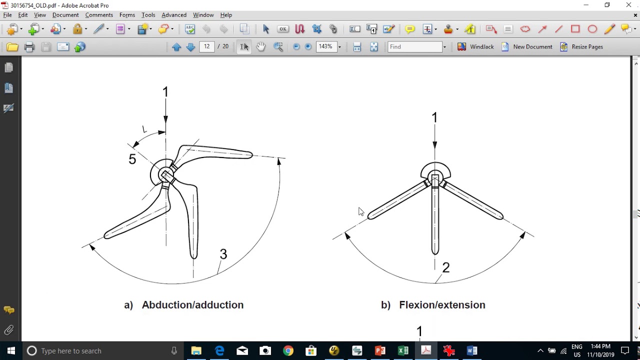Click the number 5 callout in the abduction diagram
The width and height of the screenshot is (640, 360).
(x=132, y=159)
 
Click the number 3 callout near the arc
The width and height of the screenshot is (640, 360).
(x=223, y=254)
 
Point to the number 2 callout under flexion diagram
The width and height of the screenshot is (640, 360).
(x=446, y=267)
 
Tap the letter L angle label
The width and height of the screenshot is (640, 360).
(x=144, y=129)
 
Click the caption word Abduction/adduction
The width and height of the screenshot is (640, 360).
(x=192, y=305)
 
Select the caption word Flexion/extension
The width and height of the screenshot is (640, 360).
(x=442, y=305)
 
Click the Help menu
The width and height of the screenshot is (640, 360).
(x=226, y=15)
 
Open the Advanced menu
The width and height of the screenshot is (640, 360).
(x=174, y=15)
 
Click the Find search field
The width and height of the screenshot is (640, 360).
(x=415, y=46)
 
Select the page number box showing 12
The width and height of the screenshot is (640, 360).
(x=207, y=46)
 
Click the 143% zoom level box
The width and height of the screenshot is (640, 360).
(x=326, y=46)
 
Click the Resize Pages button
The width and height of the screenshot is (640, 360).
(x=582, y=46)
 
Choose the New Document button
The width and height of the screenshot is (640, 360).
(x=527, y=46)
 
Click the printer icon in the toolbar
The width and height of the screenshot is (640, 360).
(x=29, y=47)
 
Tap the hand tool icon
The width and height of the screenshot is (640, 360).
(x=260, y=46)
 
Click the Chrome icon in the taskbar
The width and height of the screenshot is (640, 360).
(x=288, y=350)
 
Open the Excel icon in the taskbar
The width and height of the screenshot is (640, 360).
(x=403, y=350)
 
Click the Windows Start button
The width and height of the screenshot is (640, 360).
(x=11, y=350)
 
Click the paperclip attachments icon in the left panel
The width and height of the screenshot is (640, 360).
(x=9, y=330)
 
